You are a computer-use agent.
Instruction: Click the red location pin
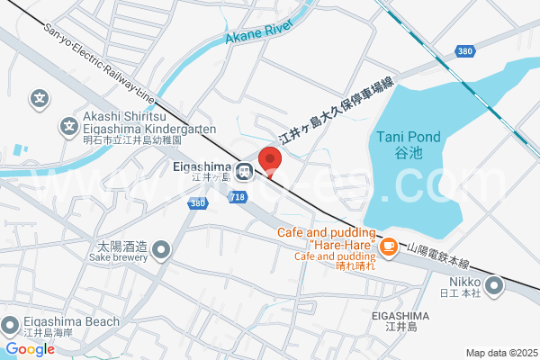270,159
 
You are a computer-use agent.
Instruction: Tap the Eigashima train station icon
244,170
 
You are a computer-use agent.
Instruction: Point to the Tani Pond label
408,137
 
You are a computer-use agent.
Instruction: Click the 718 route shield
238,196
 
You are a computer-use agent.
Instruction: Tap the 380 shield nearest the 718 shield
198,205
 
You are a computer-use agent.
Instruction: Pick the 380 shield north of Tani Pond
464,51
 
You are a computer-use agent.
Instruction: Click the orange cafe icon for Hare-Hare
388,245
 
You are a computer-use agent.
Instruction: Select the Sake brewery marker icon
161,248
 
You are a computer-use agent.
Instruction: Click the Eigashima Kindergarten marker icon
67,128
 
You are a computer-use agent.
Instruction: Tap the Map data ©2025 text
501,353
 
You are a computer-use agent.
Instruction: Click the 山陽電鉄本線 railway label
438,256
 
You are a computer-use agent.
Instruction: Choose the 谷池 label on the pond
408,154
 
